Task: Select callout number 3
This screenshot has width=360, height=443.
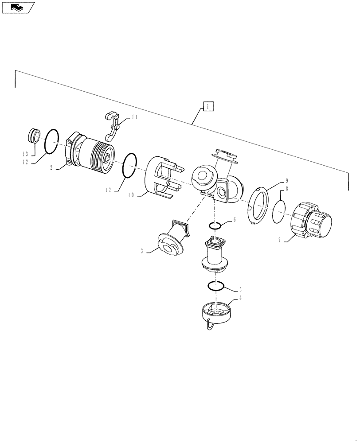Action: tap(142, 251)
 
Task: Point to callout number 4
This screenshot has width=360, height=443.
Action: tap(240, 298)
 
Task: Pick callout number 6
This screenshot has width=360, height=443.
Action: tap(235, 220)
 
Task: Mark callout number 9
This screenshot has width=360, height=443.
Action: tap(287, 181)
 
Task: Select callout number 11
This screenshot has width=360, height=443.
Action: tap(134, 117)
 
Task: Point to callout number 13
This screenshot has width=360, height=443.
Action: tap(26, 153)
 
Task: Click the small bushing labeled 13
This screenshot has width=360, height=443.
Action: tap(35, 135)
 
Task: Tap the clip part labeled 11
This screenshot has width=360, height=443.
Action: tap(113, 125)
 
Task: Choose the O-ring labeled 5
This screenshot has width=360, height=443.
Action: tap(216, 286)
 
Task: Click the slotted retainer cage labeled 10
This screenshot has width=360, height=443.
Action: tap(162, 177)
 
